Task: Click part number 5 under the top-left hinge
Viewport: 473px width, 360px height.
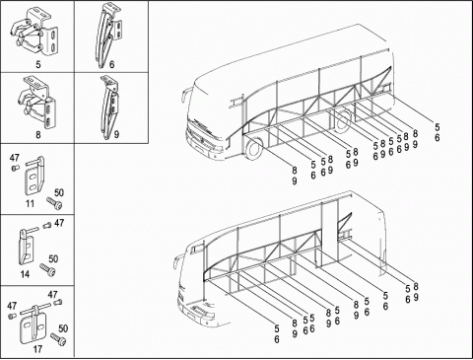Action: [x=38, y=64]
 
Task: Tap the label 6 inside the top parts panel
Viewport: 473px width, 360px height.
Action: [x=111, y=64]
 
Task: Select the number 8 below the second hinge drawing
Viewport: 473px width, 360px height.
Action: [x=38, y=135]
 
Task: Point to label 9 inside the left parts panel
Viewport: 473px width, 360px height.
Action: [x=117, y=134]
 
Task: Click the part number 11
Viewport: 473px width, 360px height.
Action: [x=30, y=203]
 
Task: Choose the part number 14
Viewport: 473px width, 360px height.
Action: [x=25, y=274]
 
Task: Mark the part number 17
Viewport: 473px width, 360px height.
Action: [x=37, y=349]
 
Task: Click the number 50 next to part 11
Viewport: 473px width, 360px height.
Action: [x=59, y=192]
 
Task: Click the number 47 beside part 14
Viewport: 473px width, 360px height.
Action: [x=59, y=223]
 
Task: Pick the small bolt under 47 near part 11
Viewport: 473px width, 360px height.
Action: [x=14, y=168]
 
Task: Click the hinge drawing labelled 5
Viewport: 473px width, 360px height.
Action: [x=34, y=32]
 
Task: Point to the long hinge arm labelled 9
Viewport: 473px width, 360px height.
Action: [x=109, y=108]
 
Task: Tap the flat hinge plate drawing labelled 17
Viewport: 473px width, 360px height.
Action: [x=33, y=324]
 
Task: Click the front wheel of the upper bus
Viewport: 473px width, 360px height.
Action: [x=254, y=149]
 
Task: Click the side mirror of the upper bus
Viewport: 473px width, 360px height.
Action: [x=183, y=96]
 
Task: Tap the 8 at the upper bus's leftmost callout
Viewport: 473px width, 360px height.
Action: [x=295, y=171]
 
